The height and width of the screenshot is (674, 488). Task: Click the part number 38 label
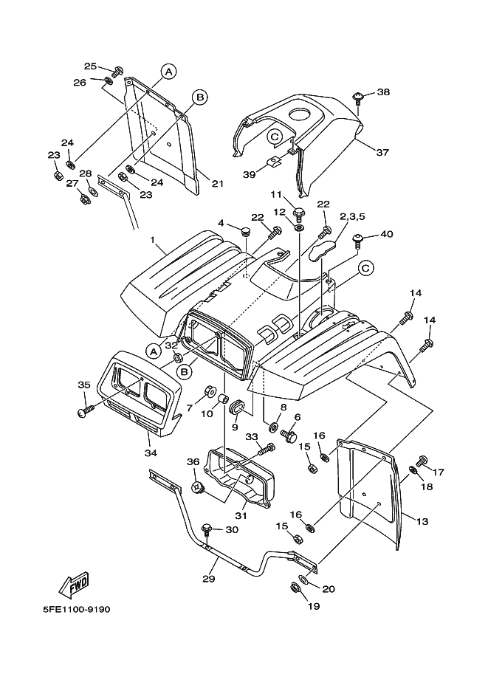(x=383, y=92)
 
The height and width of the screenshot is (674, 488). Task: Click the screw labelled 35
(x=83, y=410)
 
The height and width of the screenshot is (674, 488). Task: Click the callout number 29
(x=209, y=579)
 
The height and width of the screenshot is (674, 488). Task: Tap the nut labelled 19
(x=295, y=588)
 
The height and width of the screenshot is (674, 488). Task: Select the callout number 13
(x=422, y=522)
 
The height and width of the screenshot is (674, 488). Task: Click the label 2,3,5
(x=353, y=216)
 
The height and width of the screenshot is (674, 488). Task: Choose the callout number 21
(x=217, y=183)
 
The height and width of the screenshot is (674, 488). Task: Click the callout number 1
(x=152, y=240)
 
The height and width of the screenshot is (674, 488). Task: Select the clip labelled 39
(x=273, y=161)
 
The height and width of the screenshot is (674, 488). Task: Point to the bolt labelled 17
(x=423, y=461)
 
